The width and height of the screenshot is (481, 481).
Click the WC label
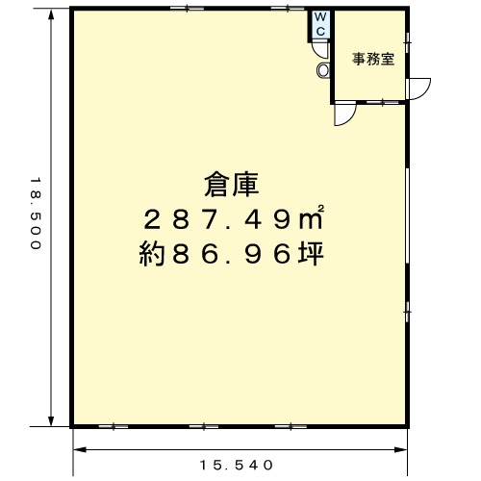coord(320,24)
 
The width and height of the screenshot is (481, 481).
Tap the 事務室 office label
coord(373,59)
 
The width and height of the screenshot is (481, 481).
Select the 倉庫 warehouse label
coord(232,185)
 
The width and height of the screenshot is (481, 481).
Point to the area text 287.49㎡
coord(234,218)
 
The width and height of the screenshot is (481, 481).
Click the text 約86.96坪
coord(232,254)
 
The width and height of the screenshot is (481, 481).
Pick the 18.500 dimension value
coord(36,214)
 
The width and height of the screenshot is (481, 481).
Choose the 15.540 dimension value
coord(237,465)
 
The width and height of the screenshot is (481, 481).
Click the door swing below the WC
coord(321,51)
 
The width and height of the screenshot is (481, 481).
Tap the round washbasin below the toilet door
coord(323,69)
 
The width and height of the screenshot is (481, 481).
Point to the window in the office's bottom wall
coord(382,102)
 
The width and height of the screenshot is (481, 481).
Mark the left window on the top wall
coord(188,9)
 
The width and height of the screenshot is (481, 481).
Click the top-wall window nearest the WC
coord(288,9)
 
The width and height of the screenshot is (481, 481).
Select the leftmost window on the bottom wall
coord(114,426)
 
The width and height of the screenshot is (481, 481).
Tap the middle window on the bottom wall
coord(204,426)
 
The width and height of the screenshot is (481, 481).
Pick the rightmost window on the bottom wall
coord(291,426)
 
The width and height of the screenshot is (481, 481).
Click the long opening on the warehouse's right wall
coord(408,215)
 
